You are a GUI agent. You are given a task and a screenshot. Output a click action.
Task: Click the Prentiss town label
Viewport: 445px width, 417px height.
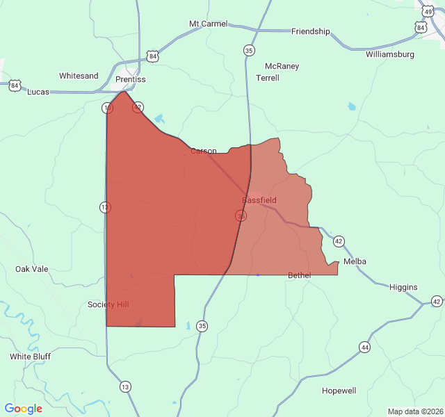(131, 79)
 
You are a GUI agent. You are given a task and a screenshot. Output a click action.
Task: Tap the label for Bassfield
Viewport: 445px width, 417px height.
(259, 200)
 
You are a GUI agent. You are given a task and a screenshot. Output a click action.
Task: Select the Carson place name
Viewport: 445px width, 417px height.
(204, 151)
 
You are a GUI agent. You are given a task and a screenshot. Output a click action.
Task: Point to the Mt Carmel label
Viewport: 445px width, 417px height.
(208, 24)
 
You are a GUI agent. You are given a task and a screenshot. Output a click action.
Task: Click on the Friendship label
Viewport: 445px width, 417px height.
(310, 31)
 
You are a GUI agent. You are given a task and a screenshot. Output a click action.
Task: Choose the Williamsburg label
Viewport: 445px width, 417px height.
(389, 54)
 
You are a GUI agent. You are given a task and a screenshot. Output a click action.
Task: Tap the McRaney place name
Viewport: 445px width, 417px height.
(282, 66)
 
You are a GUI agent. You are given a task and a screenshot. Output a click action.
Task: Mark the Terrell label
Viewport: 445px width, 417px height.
(268, 78)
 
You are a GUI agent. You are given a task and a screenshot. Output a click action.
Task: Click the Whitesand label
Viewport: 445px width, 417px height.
(79, 76)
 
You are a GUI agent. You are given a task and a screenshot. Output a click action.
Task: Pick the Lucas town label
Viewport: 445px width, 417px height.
(38, 92)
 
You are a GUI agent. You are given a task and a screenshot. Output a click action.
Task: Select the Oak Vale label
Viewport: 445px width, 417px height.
(32, 268)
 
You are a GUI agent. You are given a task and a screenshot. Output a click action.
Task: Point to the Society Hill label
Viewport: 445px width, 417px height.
(108, 304)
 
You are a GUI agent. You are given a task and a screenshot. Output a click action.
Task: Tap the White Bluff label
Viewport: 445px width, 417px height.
(30, 357)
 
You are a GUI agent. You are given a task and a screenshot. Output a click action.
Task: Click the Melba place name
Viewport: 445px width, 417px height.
(355, 261)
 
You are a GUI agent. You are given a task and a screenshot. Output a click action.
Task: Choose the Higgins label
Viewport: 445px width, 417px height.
(403, 287)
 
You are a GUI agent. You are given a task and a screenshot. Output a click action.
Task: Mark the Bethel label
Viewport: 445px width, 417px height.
(300, 275)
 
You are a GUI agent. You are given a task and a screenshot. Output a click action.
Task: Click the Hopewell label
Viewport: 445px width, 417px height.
(339, 391)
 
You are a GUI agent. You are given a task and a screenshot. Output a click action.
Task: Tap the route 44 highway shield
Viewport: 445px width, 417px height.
(364, 347)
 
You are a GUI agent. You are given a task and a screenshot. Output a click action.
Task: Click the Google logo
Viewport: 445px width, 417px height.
(24, 409)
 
